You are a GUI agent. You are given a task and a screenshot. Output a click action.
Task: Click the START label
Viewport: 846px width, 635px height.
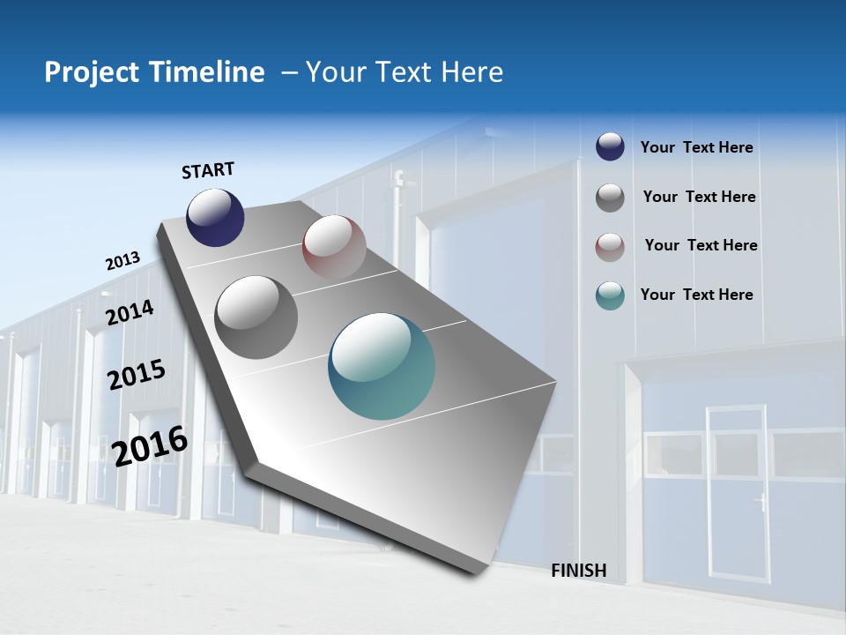point(208,170)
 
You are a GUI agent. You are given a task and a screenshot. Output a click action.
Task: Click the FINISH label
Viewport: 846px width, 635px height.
point(579,571)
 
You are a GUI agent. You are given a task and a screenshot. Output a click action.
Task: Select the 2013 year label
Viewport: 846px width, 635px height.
point(122,261)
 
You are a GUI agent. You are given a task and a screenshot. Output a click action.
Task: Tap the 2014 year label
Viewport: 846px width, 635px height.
point(130,312)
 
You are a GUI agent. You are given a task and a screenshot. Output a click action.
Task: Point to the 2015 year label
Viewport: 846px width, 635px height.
point(136,375)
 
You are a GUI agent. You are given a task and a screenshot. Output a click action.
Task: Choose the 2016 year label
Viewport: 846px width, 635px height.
point(150,446)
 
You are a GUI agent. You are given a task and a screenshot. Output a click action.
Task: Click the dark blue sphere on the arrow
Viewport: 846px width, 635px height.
point(215,217)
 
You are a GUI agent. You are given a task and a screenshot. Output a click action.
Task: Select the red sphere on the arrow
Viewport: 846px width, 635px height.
point(334,246)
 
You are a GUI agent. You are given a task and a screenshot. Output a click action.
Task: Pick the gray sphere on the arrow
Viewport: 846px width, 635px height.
point(256,317)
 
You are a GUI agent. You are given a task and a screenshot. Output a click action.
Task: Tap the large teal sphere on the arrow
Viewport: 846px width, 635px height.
point(382,366)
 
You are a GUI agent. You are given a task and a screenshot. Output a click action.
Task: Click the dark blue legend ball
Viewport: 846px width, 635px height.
point(610,147)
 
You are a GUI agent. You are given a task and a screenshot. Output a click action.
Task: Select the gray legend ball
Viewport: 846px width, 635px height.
point(610,198)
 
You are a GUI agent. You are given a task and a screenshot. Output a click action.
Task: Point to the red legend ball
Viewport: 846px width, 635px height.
point(610,247)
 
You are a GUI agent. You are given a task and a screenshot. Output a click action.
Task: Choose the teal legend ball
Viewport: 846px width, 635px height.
point(610,295)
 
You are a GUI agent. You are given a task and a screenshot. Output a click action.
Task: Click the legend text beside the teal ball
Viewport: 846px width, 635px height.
point(696,295)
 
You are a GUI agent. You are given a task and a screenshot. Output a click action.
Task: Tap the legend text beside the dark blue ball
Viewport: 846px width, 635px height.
point(696,147)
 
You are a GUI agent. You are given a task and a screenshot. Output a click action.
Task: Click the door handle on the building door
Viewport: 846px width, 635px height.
point(760,504)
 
